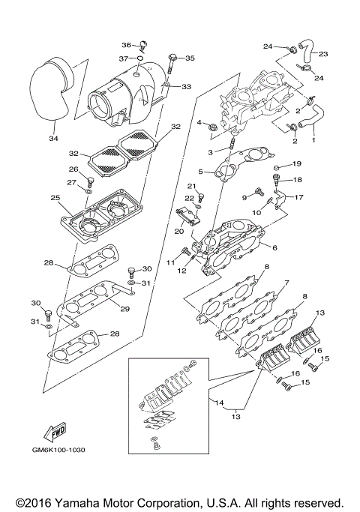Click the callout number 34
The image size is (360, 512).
pos(52,138)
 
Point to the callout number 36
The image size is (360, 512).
pos(127,44)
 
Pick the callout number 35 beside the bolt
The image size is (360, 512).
pos(190,57)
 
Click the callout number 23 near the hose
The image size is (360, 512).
pos(324,54)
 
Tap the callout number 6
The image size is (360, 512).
pos(275,248)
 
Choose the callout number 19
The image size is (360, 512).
pos(296,163)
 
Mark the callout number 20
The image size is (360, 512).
pos(179,231)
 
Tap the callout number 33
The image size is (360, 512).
pos(186,87)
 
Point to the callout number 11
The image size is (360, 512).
pos(170,262)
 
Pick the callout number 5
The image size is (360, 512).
pos(200,172)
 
